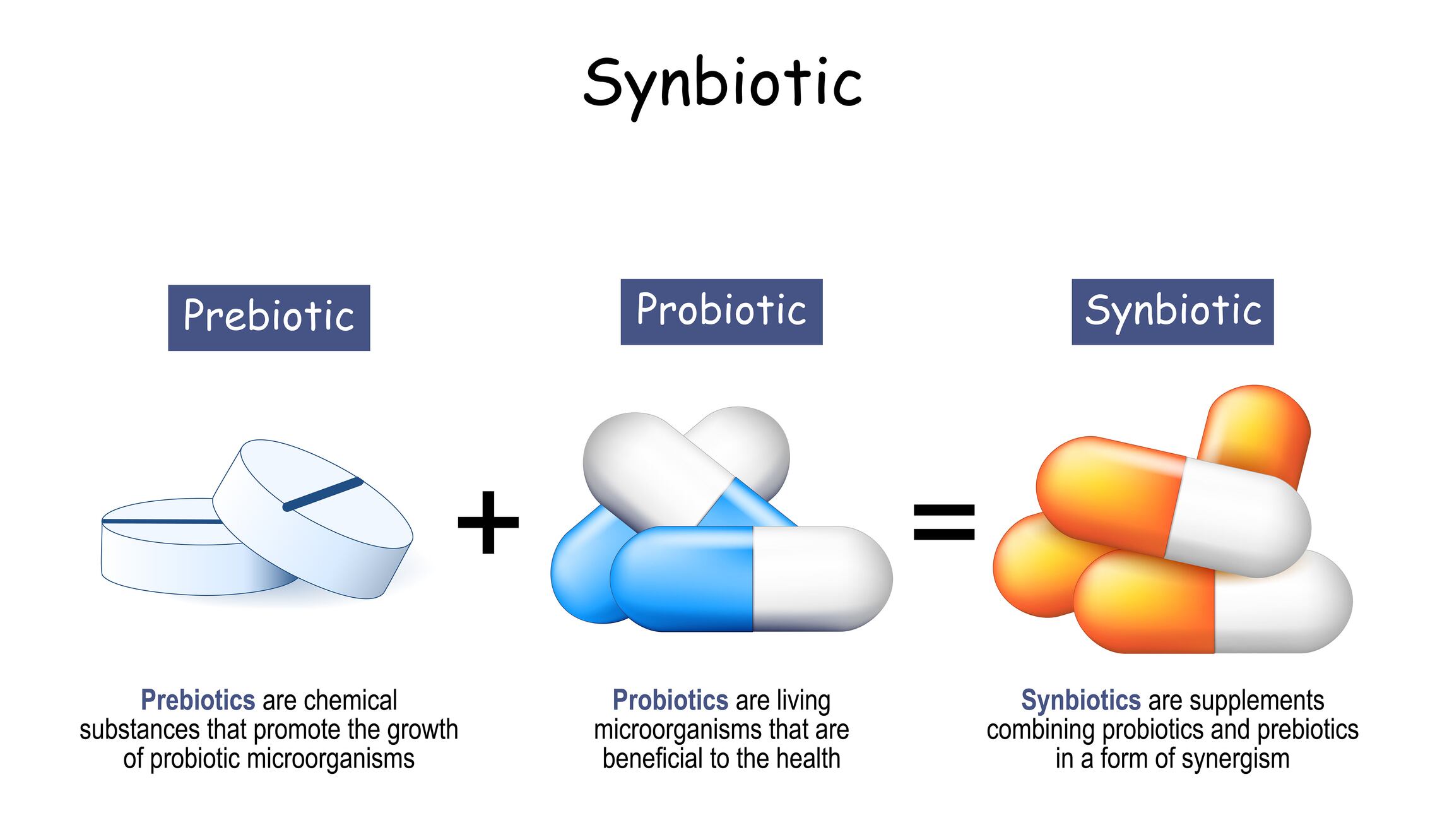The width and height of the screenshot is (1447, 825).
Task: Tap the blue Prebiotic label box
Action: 269,318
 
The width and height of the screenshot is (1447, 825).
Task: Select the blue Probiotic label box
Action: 721,312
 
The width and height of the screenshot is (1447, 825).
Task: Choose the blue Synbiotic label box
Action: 1172,312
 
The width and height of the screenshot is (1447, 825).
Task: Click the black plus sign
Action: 488,523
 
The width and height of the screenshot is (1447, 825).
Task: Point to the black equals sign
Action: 944,523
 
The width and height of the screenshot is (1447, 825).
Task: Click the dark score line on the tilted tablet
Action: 323,494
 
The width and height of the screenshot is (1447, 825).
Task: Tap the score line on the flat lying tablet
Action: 161,521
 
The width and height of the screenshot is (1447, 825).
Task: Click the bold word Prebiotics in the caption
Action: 198,700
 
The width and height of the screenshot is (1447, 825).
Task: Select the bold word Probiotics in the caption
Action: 670,700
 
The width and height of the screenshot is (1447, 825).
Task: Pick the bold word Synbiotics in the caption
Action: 1080,700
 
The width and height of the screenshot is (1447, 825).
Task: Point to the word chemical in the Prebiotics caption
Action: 350,700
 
